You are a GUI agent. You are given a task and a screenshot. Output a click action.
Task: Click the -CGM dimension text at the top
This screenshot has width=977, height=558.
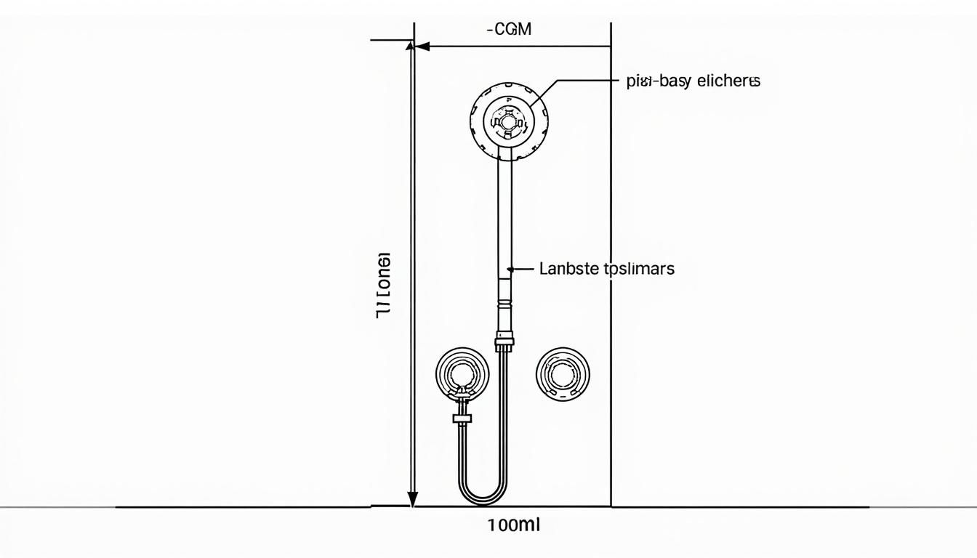tap(509, 30)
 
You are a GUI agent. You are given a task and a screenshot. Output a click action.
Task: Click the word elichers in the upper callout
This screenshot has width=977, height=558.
tap(728, 81)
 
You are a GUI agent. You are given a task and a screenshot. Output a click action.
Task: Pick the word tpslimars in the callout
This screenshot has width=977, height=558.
tap(639, 269)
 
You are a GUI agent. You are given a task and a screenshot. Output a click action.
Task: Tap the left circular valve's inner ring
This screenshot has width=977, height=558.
tap(462, 374)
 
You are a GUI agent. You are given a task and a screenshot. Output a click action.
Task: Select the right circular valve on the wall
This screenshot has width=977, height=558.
tap(562, 374)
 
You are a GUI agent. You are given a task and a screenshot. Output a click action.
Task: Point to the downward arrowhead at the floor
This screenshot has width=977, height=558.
tap(413, 500)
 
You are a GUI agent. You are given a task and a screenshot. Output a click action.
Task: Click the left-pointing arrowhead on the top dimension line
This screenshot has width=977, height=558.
tap(422, 46)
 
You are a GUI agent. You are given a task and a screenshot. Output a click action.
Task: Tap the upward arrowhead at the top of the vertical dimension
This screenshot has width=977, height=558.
tap(410, 46)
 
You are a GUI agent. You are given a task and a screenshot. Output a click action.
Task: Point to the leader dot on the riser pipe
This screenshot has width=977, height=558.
tap(510, 269)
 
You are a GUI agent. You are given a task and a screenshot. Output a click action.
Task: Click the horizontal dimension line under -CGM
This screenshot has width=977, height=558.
tap(516, 46)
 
